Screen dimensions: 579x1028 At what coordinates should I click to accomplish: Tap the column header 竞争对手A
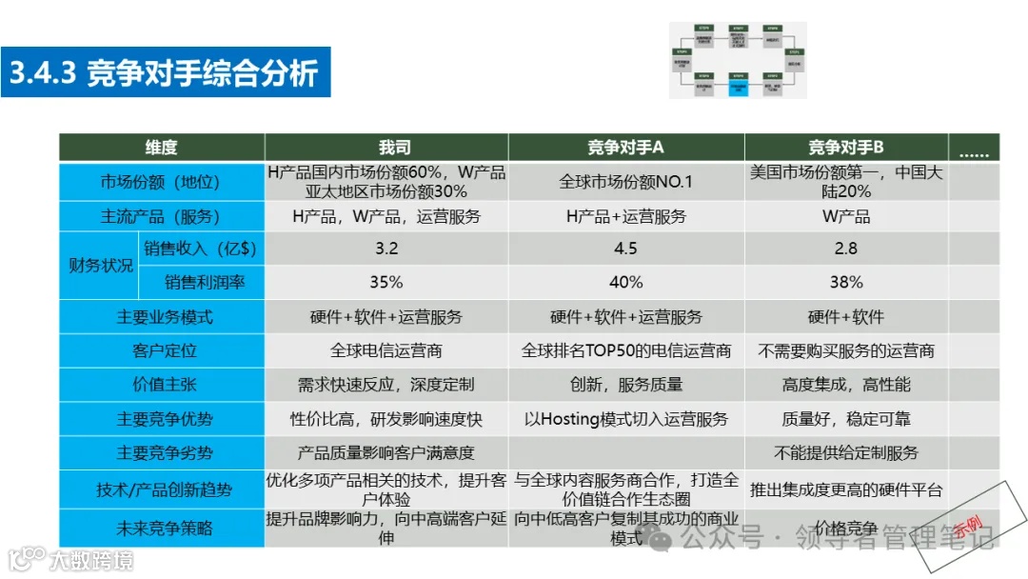click(625, 148)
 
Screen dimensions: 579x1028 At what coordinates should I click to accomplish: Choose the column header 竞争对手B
click(845, 148)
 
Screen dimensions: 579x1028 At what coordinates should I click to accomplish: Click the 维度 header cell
click(161, 148)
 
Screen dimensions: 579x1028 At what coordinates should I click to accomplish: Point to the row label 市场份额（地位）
click(161, 182)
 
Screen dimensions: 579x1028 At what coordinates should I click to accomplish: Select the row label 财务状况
click(100, 266)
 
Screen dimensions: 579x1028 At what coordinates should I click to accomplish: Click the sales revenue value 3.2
click(386, 249)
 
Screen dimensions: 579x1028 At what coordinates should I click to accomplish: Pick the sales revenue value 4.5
click(625, 249)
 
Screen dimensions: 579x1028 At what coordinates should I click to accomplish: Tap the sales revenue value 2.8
click(845, 249)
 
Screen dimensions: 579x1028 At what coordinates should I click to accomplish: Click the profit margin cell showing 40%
click(625, 282)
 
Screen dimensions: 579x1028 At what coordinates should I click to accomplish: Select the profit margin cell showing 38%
click(845, 282)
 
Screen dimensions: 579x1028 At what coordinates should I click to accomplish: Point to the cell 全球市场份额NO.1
click(625, 182)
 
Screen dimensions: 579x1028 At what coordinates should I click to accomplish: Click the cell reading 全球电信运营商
click(386, 350)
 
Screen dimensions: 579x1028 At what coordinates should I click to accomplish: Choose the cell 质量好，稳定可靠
click(845, 419)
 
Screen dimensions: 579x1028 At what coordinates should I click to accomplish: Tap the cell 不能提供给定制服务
click(845, 453)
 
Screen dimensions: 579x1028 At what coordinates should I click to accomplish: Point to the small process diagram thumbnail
click(738, 60)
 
